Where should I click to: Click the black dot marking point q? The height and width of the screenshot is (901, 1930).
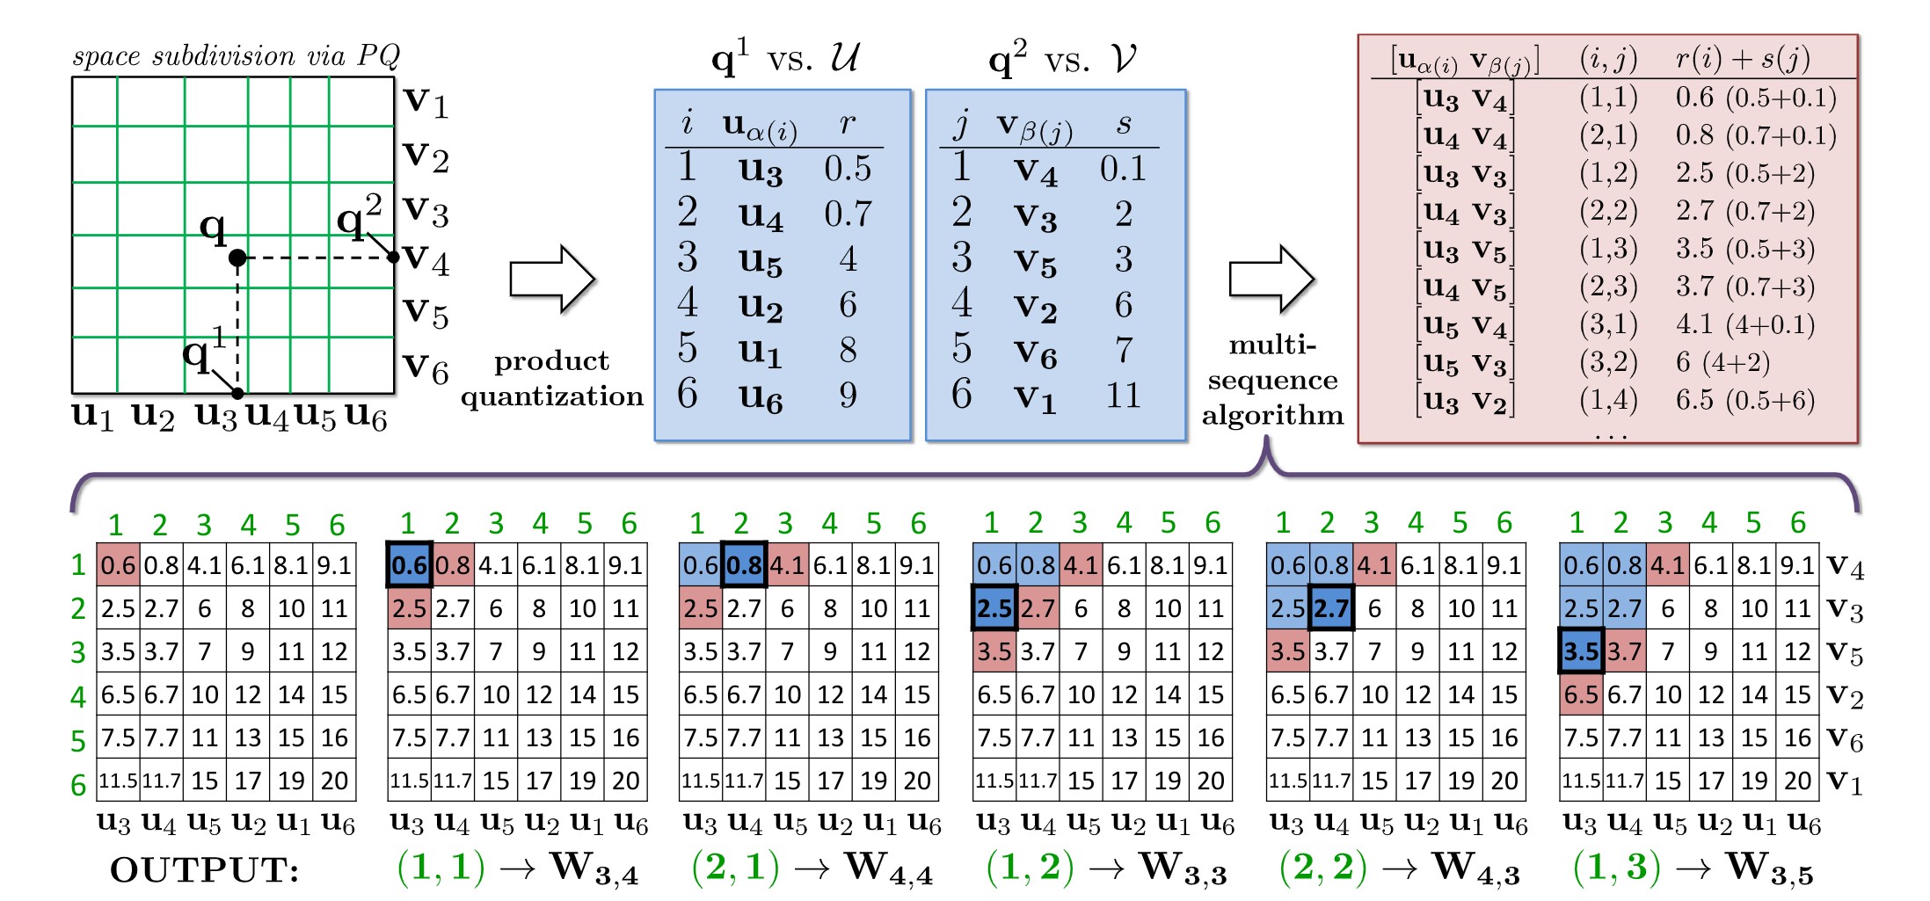[237, 258]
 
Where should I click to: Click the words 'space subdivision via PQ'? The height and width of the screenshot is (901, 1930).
[236, 56]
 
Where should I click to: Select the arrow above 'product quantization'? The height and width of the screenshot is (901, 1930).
[552, 280]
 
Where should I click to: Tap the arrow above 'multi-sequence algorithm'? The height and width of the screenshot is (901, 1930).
[1271, 280]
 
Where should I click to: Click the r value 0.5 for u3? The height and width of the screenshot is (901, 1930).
[848, 169]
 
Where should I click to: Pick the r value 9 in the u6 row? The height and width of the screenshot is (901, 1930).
[848, 395]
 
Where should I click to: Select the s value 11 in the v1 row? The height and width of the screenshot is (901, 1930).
[1123, 395]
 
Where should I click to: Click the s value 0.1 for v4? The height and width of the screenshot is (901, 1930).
[1123, 169]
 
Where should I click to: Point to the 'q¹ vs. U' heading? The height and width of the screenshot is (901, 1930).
[784, 58]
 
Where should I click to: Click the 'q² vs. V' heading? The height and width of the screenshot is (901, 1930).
[1062, 58]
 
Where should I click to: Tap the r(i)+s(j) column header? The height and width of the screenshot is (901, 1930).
[1742, 58]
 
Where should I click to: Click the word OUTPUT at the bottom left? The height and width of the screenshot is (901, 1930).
[205, 870]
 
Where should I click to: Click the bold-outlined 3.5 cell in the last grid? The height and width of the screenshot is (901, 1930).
[1581, 651]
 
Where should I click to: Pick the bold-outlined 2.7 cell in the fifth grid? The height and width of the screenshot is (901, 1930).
[1331, 608]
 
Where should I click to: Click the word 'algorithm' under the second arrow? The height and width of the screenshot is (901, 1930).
[1273, 415]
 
